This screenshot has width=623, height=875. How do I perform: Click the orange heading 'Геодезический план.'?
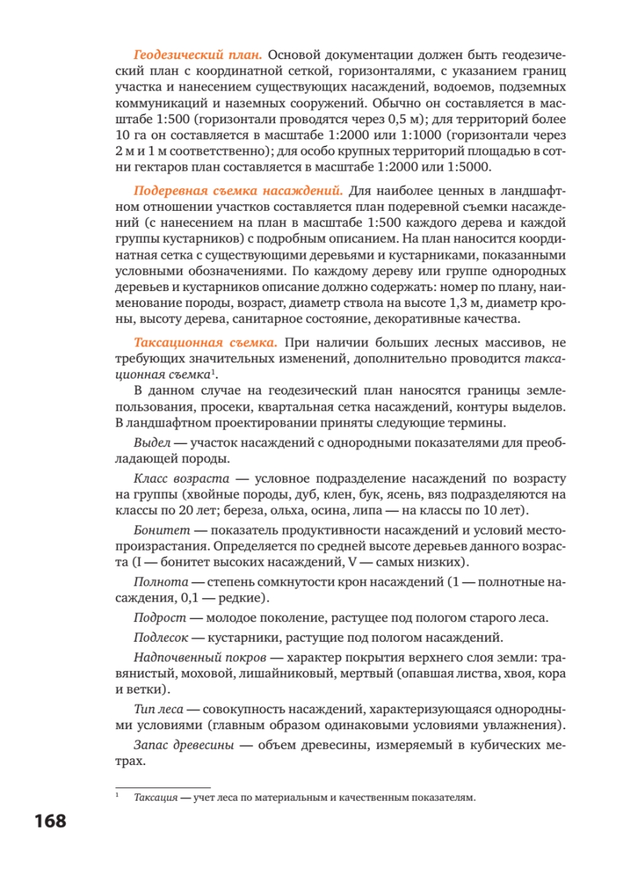coord(198,55)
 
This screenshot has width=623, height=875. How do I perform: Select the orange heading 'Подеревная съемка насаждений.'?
coord(238,192)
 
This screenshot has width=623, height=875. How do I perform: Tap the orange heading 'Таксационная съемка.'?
coord(205,343)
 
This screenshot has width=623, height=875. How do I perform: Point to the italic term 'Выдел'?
coord(152,443)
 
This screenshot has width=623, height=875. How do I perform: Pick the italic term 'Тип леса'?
coord(157,709)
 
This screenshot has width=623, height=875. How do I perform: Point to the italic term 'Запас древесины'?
coord(184,744)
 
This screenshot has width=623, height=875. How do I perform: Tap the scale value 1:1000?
coord(414,136)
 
